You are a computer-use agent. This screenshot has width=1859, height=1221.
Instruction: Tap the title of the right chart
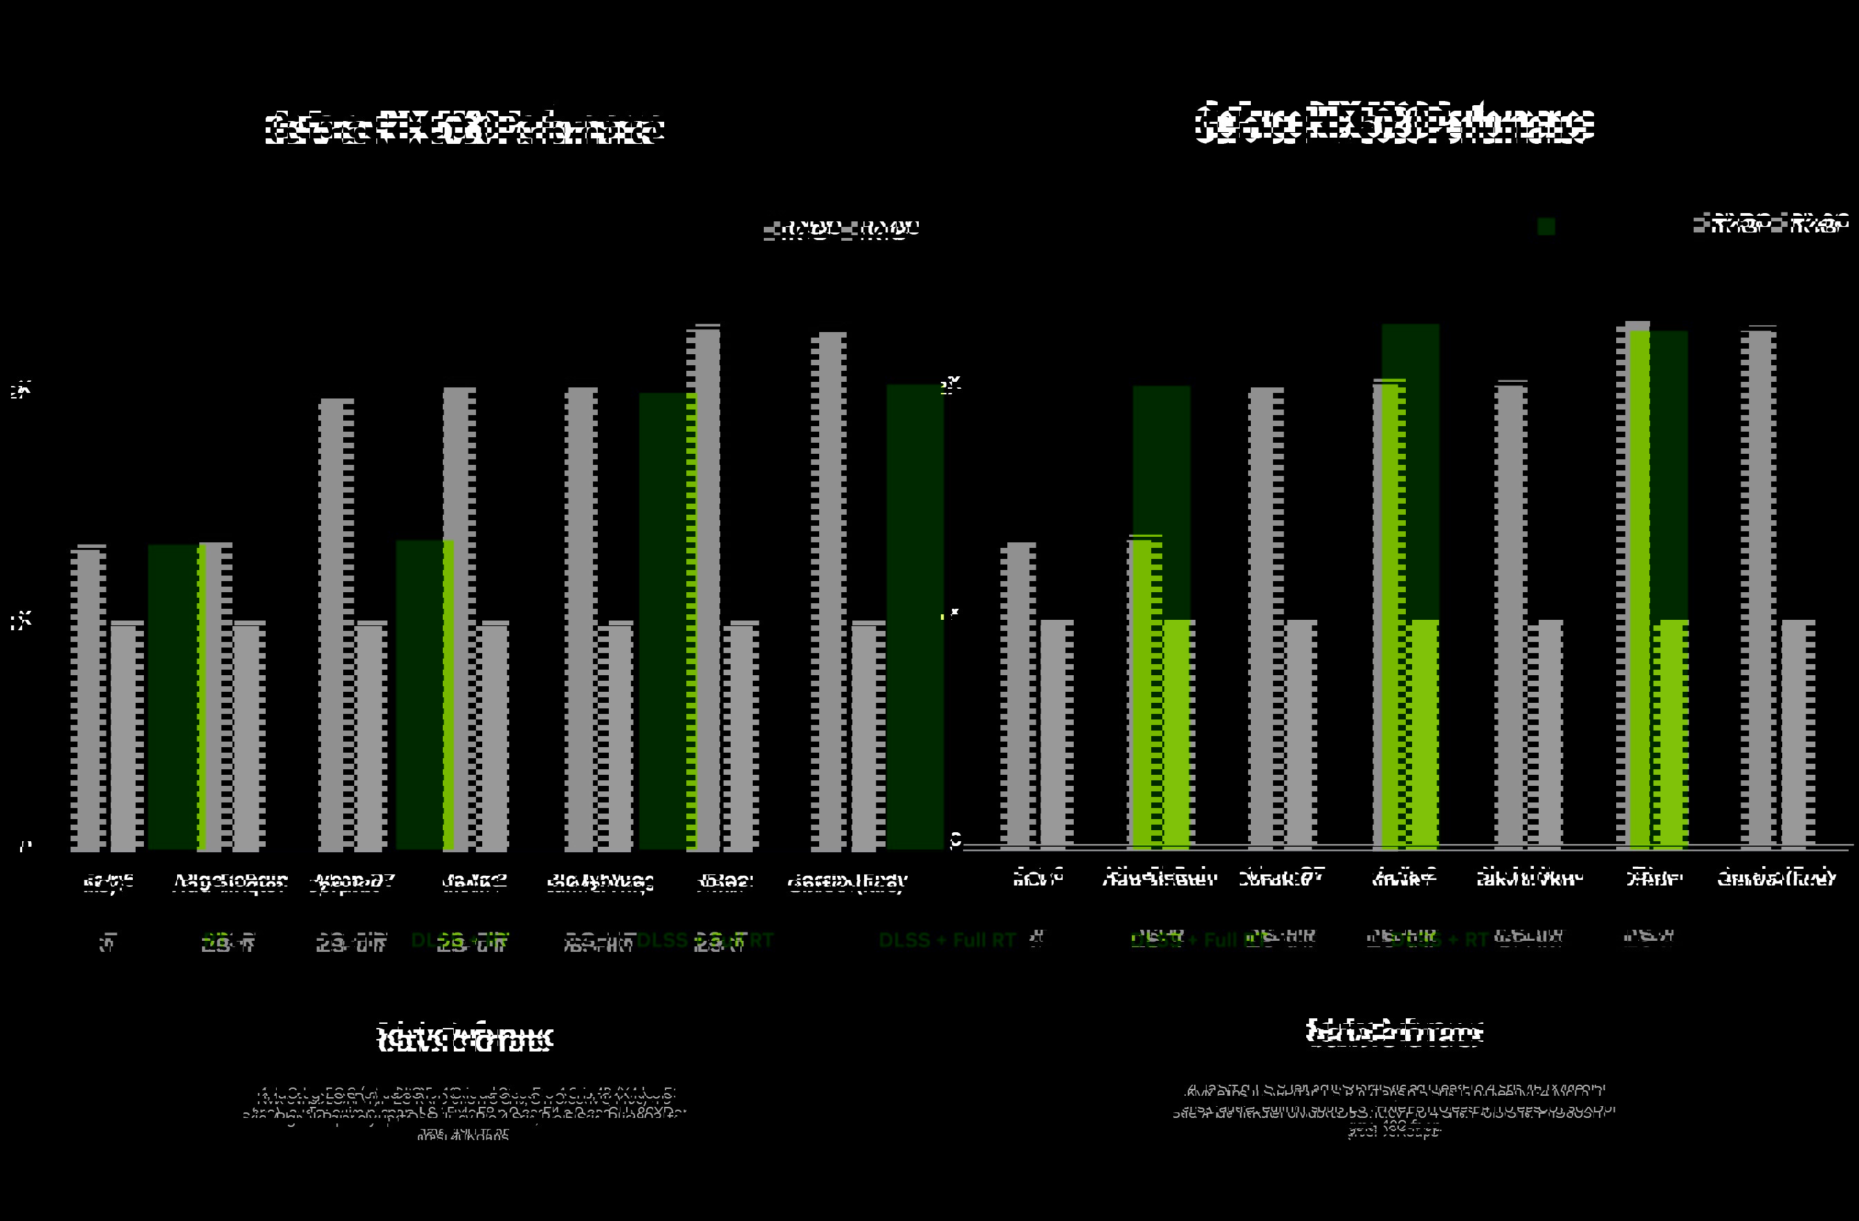click(x=1393, y=123)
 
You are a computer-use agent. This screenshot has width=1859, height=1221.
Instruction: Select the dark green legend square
click(x=1546, y=226)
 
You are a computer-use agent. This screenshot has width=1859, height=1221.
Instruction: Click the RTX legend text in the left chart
click(x=842, y=229)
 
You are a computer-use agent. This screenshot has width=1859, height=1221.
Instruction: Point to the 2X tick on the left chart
click(x=21, y=389)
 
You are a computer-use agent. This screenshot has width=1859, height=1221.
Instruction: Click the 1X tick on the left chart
click(x=21, y=622)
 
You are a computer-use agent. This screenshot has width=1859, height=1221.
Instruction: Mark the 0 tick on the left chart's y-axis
click(x=26, y=846)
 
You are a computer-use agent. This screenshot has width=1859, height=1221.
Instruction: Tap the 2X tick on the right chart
click(x=951, y=385)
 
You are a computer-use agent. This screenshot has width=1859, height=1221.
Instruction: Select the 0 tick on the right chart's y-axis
click(x=955, y=840)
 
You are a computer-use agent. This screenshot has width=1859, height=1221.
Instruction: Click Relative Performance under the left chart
click(x=464, y=1038)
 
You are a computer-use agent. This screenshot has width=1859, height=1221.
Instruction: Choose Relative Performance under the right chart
click(x=1393, y=1032)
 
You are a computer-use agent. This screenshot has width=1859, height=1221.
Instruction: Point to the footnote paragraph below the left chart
click(x=464, y=1113)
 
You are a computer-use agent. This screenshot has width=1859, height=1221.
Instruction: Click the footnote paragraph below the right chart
click(x=1393, y=1110)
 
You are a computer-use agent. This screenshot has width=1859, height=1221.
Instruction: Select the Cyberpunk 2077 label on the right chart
click(x=1281, y=878)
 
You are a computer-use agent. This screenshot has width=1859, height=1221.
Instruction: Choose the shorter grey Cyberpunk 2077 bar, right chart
click(x=1300, y=734)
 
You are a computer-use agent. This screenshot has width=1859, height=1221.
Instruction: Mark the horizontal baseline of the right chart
click(x=1406, y=846)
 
